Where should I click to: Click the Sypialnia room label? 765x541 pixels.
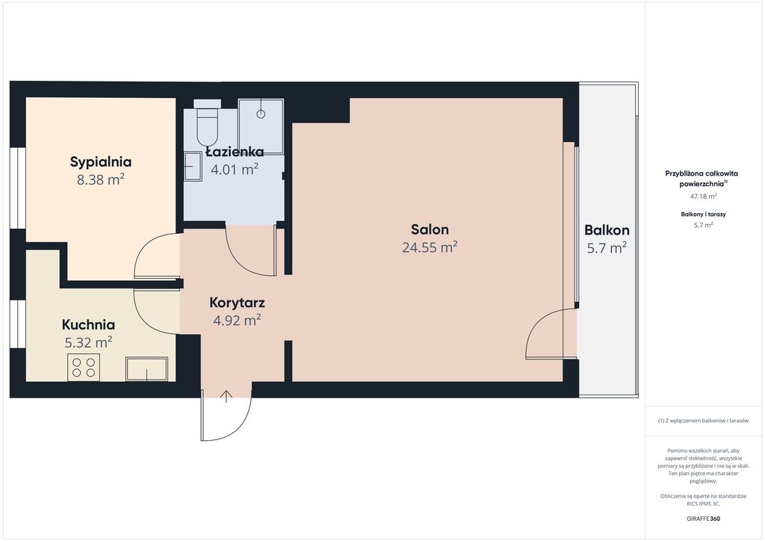tap(101, 162)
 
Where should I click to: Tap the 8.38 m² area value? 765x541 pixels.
tap(101, 179)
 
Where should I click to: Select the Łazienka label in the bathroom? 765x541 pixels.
tap(235, 152)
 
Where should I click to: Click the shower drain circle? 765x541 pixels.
tap(261, 114)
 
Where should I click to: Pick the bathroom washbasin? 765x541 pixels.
tap(193, 167)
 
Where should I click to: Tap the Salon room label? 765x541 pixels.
tap(430, 229)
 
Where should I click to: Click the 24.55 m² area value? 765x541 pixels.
tap(430, 247)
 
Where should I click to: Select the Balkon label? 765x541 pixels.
tap(607, 230)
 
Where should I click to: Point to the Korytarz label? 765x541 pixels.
tap(237, 303)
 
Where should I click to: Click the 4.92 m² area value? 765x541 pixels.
tap(237, 321)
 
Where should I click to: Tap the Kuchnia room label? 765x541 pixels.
tap(88, 325)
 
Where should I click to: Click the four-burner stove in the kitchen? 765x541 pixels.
tap(84, 368)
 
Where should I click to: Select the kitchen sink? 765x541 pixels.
tap(147, 369)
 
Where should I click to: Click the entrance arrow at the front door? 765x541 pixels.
tap(226, 396)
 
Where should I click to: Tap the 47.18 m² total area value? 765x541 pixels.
tap(703, 197)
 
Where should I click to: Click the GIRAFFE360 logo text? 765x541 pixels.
tap(703, 519)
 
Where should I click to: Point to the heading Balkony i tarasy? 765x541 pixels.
tap(703, 214)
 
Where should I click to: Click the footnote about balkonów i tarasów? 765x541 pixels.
tap(703, 421)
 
